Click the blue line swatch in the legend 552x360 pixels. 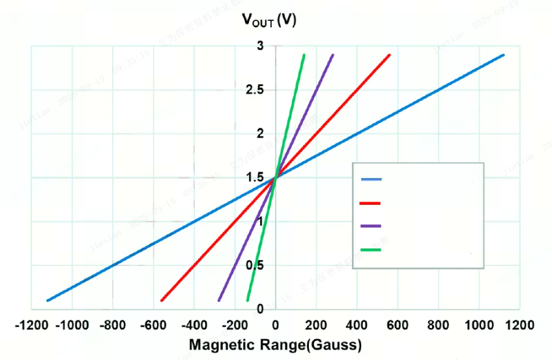(x=371, y=179)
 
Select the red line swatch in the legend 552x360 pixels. (x=371, y=203)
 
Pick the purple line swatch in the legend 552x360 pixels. (x=371, y=226)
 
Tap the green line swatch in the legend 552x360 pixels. (x=371, y=249)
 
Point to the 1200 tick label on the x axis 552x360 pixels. (x=519, y=324)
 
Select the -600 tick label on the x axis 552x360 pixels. (x=153, y=324)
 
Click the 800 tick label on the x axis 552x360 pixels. (x=438, y=324)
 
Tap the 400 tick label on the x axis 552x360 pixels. (x=356, y=324)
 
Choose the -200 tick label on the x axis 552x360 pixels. (x=235, y=324)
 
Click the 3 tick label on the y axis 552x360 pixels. (x=260, y=46)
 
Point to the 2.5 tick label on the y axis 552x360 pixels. (x=255, y=89)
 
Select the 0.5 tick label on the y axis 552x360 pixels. (x=255, y=265)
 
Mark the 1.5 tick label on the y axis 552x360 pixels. (x=255, y=177)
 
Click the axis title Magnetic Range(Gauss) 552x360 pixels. (x=275, y=344)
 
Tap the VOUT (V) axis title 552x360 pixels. (x=269, y=20)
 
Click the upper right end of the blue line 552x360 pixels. (x=504, y=55)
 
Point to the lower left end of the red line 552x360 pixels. (x=162, y=301)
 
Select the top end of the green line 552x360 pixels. (x=304, y=55)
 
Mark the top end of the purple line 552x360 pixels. (x=333, y=55)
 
